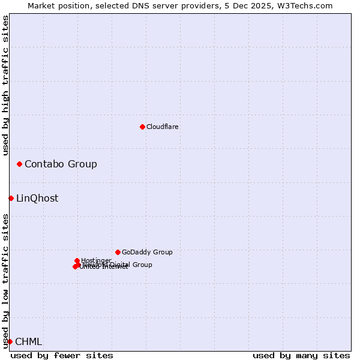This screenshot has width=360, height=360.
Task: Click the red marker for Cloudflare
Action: coord(142,127)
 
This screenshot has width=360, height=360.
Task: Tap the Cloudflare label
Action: coord(162,127)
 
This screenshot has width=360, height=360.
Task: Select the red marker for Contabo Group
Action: coord(20,164)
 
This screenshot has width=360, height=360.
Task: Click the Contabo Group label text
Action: coord(61,164)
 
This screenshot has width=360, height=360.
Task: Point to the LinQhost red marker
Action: coord(11,198)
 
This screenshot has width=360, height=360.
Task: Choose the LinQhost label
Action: coord(37,198)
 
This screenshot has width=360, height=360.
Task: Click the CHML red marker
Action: coord(10,341)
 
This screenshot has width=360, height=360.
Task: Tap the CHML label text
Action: coord(28,341)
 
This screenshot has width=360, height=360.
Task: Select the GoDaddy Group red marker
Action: coord(118,252)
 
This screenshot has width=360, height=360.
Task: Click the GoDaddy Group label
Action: coord(147,252)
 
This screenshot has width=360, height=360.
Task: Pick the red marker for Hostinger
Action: coord(77,260)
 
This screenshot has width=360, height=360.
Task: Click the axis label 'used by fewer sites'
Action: coord(62,355)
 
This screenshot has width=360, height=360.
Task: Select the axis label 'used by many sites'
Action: coord(301,355)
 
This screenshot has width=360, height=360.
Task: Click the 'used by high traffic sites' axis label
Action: coord(5,85)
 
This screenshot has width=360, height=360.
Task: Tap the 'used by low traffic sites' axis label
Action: coord(5,281)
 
